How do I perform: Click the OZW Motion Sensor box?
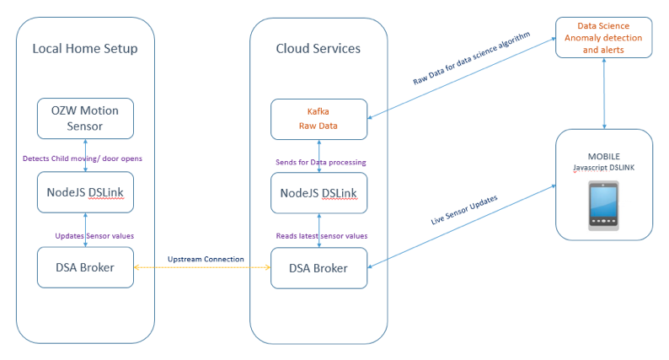[85, 118]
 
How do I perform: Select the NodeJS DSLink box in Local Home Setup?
[85, 192]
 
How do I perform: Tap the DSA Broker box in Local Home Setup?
[85, 267]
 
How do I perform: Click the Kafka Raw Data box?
[318, 118]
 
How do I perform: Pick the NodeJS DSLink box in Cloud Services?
[318, 193]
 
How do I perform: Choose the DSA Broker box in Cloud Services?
[318, 268]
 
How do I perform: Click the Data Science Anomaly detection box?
[603, 38]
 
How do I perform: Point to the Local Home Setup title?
[85, 49]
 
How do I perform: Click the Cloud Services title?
[318, 49]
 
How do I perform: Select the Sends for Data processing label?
[321, 160]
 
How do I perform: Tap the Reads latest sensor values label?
[321, 235]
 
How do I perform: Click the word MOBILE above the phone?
[603, 156]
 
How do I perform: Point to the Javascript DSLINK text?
[603, 167]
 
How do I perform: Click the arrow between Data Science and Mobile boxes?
[603, 93]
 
